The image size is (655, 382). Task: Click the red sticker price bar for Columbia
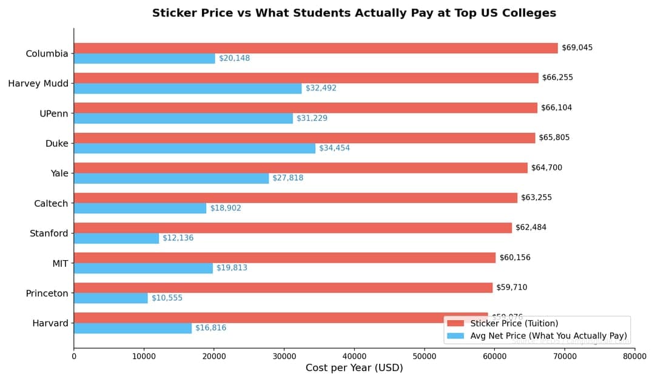click(315, 48)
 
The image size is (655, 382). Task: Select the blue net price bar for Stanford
click(116, 238)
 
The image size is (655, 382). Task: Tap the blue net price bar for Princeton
click(111, 298)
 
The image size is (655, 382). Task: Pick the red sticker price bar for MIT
click(284, 258)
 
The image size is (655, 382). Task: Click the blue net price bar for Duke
click(195, 149)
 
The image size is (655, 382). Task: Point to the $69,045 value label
click(577, 48)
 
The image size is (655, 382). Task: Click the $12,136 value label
click(178, 238)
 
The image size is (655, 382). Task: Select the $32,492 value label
click(321, 89)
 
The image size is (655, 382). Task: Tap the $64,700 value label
click(546, 168)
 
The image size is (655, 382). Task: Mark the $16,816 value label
click(210, 328)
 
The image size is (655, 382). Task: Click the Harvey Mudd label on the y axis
click(38, 84)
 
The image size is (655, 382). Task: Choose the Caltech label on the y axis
click(51, 204)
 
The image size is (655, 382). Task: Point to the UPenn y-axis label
click(54, 113)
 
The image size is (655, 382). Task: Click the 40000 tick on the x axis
click(354, 357)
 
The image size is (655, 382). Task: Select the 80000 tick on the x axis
click(634, 357)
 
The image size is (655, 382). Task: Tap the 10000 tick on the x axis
click(144, 357)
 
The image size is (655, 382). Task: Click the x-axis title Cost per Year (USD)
click(354, 368)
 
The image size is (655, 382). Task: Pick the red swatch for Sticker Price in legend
click(455, 324)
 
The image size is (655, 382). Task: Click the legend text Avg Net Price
click(548, 336)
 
